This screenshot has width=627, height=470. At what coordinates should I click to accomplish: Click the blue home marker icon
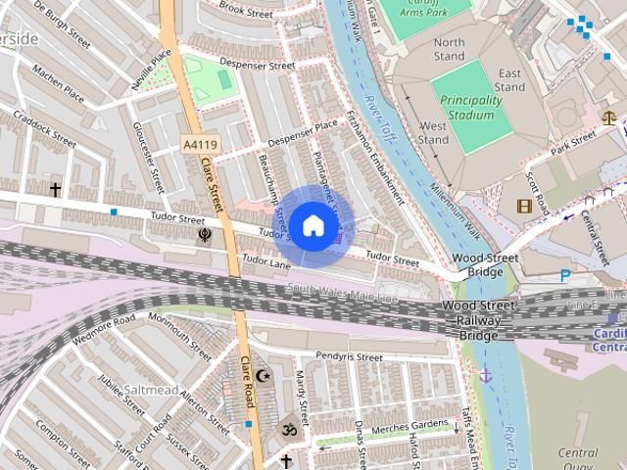(313, 225)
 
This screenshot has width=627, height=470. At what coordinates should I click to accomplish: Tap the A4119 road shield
(200, 145)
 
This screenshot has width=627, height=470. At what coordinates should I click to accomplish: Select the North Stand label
(449, 49)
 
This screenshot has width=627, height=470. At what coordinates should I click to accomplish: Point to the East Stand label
(509, 80)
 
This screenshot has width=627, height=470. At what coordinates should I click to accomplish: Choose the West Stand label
(434, 133)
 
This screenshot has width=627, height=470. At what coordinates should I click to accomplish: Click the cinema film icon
(524, 206)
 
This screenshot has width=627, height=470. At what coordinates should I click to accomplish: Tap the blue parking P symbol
(565, 276)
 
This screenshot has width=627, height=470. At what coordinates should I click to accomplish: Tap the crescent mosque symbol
(262, 375)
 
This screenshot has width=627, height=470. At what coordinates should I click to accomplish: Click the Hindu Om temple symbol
(288, 429)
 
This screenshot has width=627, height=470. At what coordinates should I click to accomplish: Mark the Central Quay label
(578, 459)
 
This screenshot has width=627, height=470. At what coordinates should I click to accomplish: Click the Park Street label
(573, 144)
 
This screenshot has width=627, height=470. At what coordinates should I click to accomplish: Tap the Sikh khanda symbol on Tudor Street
(205, 235)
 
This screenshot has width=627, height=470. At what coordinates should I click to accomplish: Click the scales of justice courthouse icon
(610, 118)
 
